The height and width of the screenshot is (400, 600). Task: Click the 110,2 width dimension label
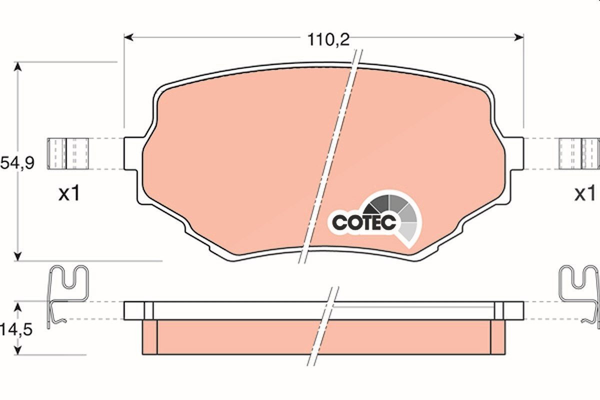click(328, 40)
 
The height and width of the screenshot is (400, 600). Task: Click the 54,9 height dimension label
click(17, 163)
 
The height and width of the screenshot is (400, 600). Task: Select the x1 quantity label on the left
click(69, 193)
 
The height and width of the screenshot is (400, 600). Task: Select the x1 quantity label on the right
click(585, 193)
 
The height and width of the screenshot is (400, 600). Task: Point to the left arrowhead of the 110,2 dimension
click(128, 37)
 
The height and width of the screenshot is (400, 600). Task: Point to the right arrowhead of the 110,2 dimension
click(519, 37)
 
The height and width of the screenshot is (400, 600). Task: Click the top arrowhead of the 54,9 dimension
click(17, 66)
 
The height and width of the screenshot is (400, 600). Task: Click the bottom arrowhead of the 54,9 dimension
click(17, 256)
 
